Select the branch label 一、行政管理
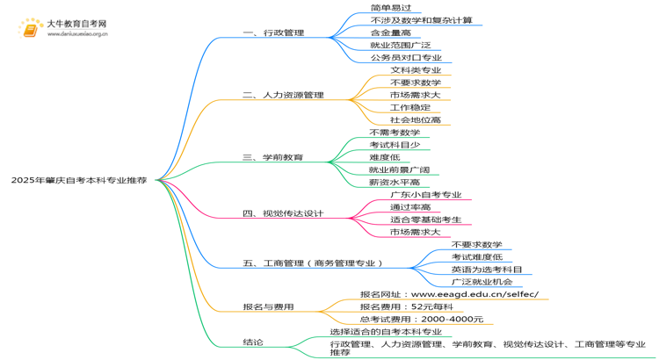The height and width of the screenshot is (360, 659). pyautogui.click(x=273, y=32)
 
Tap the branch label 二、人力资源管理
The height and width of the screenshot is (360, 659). pyautogui.click(x=283, y=95)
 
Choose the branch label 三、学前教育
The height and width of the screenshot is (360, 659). pyautogui.click(x=273, y=157)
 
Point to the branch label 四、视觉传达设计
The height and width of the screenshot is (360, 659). pyautogui.click(x=283, y=212)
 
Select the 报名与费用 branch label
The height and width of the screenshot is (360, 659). pyautogui.click(x=268, y=306)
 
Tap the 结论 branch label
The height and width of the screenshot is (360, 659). pyautogui.click(x=253, y=342)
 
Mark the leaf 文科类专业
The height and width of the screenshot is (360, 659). pyautogui.click(x=416, y=69)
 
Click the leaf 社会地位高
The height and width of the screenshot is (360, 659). pyautogui.click(x=416, y=119)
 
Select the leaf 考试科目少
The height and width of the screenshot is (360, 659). pyautogui.click(x=395, y=145)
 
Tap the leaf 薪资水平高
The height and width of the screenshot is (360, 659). pyautogui.click(x=395, y=182)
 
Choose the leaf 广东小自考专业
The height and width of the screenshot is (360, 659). pyautogui.click(x=426, y=195)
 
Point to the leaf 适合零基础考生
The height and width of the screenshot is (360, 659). pyautogui.click(x=426, y=220)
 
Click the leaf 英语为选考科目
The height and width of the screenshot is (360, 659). pyautogui.click(x=487, y=270)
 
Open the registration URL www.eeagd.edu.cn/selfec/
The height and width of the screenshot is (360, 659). pyautogui.click(x=474, y=294)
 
